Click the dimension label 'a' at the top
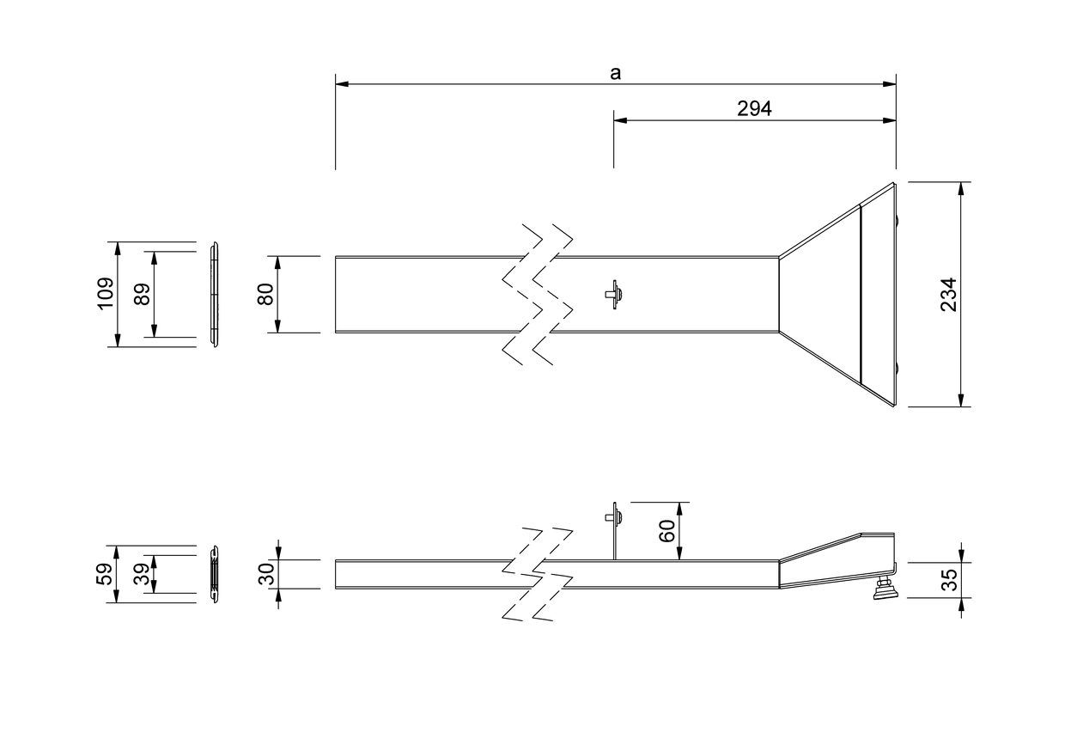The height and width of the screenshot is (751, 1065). pyautogui.click(x=615, y=73)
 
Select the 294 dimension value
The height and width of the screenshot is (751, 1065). pyautogui.click(x=754, y=109)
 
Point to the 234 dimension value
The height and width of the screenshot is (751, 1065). pyautogui.click(x=948, y=295)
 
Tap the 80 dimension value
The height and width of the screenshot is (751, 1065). pyautogui.click(x=265, y=294)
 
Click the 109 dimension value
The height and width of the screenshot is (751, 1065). pyautogui.click(x=106, y=294)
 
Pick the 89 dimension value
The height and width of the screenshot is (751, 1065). pyautogui.click(x=142, y=294)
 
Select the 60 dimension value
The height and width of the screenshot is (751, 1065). pyautogui.click(x=667, y=531)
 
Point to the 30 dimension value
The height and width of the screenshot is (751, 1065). pyautogui.click(x=267, y=574)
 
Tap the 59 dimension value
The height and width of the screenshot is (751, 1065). pyautogui.click(x=105, y=574)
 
